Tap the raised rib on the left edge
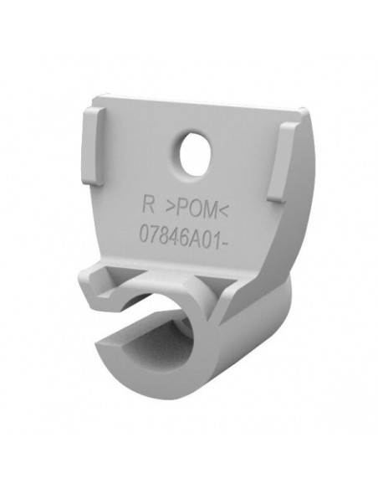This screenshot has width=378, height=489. (x=93, y=146)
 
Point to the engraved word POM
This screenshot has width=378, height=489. (x=197, y=208)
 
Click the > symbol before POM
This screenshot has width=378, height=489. (x=170, y=206)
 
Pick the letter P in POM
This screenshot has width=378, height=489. (x=181, y=207)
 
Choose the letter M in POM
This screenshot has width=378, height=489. (x=210, y=209)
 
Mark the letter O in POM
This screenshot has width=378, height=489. (x=195, y=208)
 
